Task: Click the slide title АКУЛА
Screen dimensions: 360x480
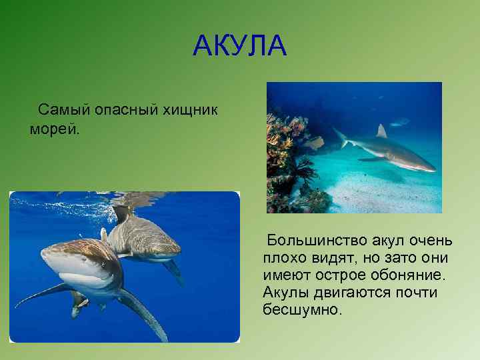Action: (239, 46)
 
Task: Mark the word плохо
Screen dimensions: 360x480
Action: (283, 257)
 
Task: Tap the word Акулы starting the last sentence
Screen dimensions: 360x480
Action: (285, 292)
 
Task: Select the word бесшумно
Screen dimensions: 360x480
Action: (302, 309)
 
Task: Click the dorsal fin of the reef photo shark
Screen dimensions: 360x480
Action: (381, 131)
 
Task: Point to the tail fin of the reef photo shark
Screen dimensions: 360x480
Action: (341, 138)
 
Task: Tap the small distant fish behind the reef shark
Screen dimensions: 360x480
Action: (399, 122)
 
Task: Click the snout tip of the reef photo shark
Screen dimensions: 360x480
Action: (435, 169)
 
